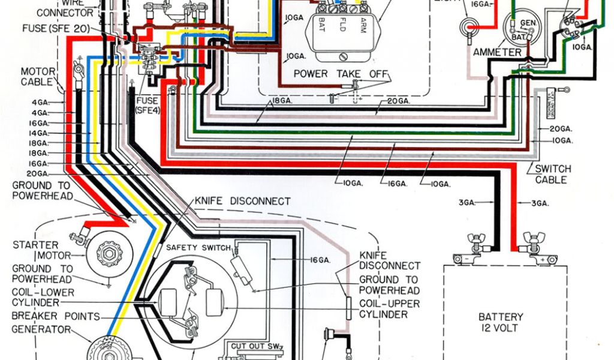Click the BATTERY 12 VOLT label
click(501, 322)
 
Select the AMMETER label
click(497, 52)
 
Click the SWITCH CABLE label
click(552, 174)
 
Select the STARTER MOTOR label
click(36, 250)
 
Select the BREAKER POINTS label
click(56, 317)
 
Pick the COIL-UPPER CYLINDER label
click(389, 308)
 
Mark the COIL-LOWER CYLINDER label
click(43, 298)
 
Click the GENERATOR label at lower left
click(41, 329)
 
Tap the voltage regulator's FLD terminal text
click(342, 25)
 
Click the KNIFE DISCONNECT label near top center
click(242, 201)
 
